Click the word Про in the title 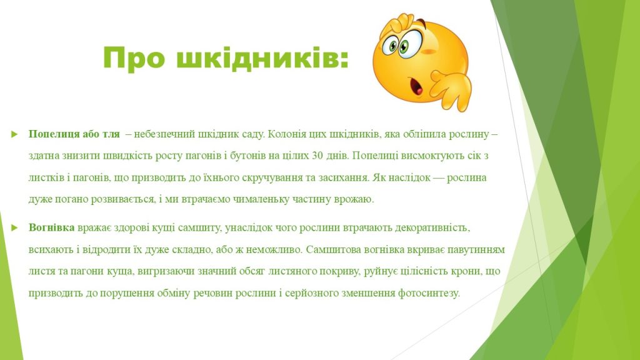tap(134, 57)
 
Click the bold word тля tap(111, 134)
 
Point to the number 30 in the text tap(317, 156)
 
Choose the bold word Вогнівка tap(51, 227)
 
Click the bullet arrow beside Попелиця tap(15, 134)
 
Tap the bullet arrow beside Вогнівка tap(15, 227)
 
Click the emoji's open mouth tap(416, 86)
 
